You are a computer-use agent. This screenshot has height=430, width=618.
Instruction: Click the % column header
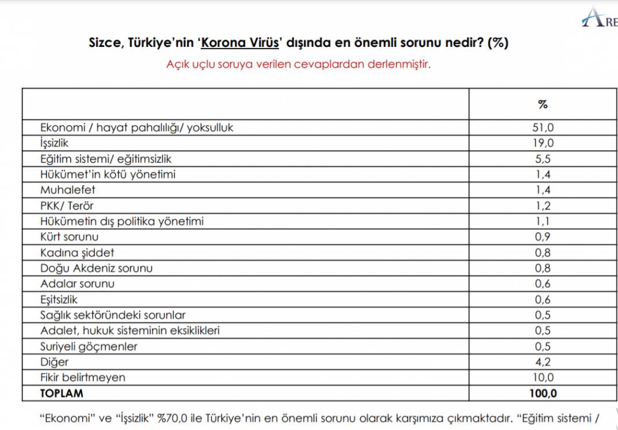click(542, 105)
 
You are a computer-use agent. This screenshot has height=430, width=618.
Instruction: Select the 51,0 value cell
click(542, 128)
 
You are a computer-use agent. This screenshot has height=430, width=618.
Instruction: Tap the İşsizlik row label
click(55, 143)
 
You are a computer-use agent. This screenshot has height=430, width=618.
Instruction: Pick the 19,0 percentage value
click(542, 144)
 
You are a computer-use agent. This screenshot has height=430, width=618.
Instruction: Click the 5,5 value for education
click(542, 159)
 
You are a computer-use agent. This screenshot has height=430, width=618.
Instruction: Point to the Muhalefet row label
click(68, 190)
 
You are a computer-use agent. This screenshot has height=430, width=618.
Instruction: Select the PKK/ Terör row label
click(67, 205)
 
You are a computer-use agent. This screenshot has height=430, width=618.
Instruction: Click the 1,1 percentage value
click(542, 221)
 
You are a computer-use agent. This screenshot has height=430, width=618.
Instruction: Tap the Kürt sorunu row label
click(69, 237)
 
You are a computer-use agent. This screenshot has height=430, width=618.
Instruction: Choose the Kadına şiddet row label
click(77, 252)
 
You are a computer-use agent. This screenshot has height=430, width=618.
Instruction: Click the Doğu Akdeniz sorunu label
click(96, 268)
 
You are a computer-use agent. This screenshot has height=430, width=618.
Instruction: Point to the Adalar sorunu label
click(77, 284)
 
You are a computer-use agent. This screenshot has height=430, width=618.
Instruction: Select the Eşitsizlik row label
click(59, 299)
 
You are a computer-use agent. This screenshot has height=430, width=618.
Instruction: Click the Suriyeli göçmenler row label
click(89, 347)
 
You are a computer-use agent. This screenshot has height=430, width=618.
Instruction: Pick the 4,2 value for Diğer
click(542, 362)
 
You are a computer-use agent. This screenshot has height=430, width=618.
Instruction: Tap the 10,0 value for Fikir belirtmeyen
click(542, 378)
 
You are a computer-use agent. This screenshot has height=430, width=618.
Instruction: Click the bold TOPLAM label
click(62, 394)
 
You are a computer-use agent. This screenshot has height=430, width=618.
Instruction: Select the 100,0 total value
click(542, 394)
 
